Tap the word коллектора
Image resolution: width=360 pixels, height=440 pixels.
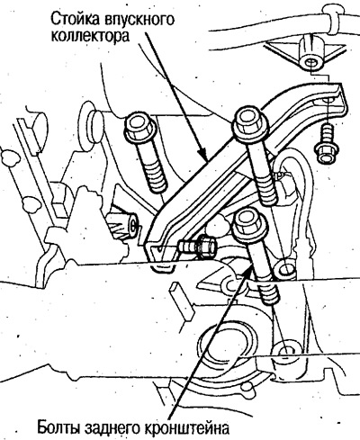click(90, 36)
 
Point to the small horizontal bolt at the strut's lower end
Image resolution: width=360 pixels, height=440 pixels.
click(197, 247)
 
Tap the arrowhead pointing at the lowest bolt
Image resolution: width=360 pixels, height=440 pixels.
click(247, 268)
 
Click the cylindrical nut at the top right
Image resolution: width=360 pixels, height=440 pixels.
click(310, 53)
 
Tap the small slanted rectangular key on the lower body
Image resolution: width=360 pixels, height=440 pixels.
click(182, 300)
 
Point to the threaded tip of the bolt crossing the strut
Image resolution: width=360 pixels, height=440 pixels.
click(267, 193)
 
